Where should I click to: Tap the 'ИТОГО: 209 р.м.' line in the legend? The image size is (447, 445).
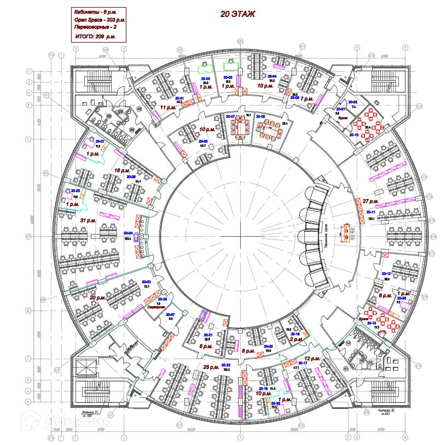[95, 37]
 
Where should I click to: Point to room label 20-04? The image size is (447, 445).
[272, 77]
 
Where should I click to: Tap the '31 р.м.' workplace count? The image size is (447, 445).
[88, 220]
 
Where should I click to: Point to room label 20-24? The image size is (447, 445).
[129, 233]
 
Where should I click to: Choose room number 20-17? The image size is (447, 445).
[303, 363]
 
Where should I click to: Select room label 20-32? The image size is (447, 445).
[353, 102]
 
